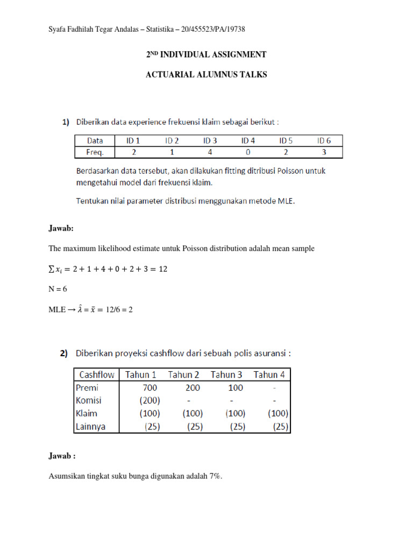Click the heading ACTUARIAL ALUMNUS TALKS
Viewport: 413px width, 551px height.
click(x=206, y=75)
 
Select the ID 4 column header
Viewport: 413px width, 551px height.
click(x=248, y=140)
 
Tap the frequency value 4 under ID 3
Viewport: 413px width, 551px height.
click(x=210, y=152)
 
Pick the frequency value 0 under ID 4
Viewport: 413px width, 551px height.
click(x=248, y=152)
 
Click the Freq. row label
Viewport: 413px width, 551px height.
click(x=95, y=152)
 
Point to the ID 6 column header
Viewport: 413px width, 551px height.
click(x=324, y=140)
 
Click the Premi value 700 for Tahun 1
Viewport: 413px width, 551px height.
click(x=149, y=387)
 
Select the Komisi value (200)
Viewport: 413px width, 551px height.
click(x=149, y=401)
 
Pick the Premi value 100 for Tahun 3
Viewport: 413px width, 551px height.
click(x=235, y=387)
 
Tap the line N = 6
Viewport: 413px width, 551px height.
click(x=58, y=289)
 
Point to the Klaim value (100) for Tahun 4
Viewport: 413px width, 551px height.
click(x=277, y=414)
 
